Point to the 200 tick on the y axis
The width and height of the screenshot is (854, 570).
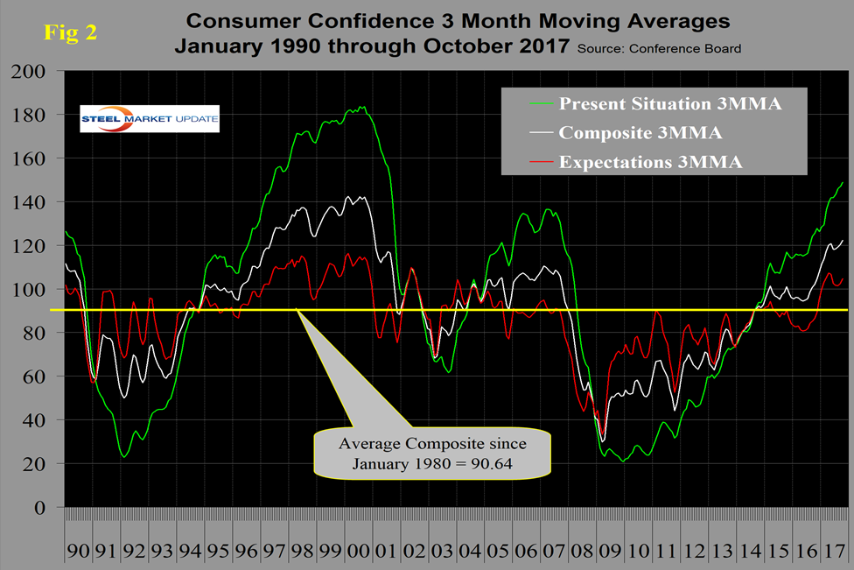35,71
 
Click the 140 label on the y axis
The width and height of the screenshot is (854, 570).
35,202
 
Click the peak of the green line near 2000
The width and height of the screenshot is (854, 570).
362,107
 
